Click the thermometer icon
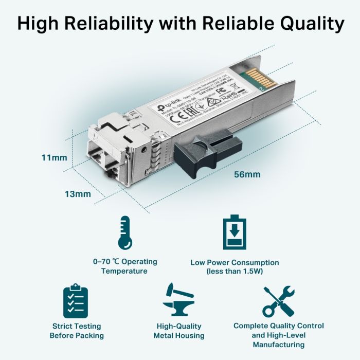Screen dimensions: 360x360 point(124,232)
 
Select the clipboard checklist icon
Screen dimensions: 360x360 point(76,301)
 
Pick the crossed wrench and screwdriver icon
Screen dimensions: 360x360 point(278,301)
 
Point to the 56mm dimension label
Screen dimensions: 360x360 point(247,174)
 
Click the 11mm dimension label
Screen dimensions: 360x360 point(54,157)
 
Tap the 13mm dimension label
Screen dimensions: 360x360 point(78,194)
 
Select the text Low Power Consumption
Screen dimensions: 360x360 point(235,262)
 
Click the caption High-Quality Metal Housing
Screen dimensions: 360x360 point(179,331)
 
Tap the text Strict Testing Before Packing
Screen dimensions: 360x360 point(77,331)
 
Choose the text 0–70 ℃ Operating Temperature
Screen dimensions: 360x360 point(124,266)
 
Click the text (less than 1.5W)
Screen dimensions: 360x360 point(235,271)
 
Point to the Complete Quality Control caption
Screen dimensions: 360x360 point(279,326)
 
